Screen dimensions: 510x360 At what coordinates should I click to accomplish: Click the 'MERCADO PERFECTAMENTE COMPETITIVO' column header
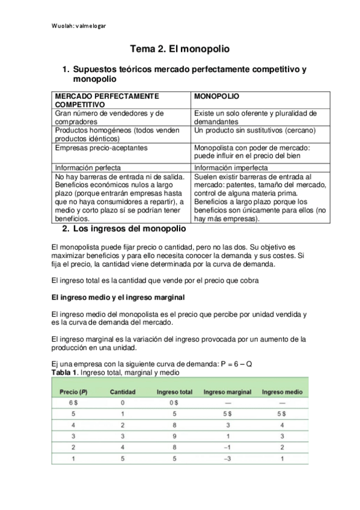(106, 100)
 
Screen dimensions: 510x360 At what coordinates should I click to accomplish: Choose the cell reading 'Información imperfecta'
(231, 168)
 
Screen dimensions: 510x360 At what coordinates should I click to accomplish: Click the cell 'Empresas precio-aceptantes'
(101, 147)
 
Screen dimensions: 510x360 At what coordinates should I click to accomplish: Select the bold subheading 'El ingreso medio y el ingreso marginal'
(118, 297)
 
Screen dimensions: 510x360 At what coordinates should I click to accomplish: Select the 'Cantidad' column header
(123, 392)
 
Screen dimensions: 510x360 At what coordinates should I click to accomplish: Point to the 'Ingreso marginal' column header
(227, 392)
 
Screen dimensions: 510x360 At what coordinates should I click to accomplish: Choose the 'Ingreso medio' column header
(282, 392)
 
